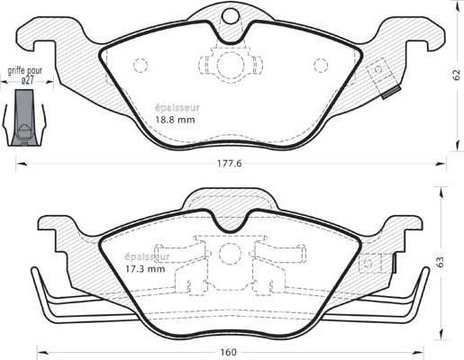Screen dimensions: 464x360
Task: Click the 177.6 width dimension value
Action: point(230,164)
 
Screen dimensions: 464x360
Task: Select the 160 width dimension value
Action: point(230,352)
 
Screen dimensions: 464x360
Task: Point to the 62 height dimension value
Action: point(456,75)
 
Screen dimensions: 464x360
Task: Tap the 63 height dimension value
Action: point(440,262)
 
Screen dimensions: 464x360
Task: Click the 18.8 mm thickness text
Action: point(175,120)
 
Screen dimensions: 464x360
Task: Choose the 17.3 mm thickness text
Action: point(145,269)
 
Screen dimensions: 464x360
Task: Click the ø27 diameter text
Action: point(27,81)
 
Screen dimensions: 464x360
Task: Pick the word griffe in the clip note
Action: point(16,71)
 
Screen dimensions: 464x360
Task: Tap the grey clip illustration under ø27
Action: point(24,118)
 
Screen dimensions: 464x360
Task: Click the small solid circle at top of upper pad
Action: point(231,15)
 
